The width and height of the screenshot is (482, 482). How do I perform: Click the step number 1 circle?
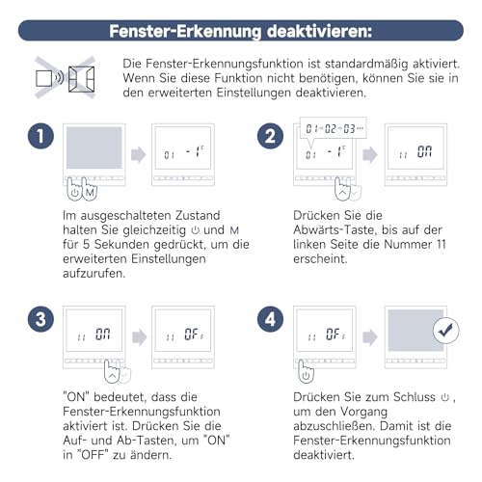[39, 138]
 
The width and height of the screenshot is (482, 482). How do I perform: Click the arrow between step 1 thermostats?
[138, 154]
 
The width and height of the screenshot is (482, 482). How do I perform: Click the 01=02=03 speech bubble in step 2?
[332, 127]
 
